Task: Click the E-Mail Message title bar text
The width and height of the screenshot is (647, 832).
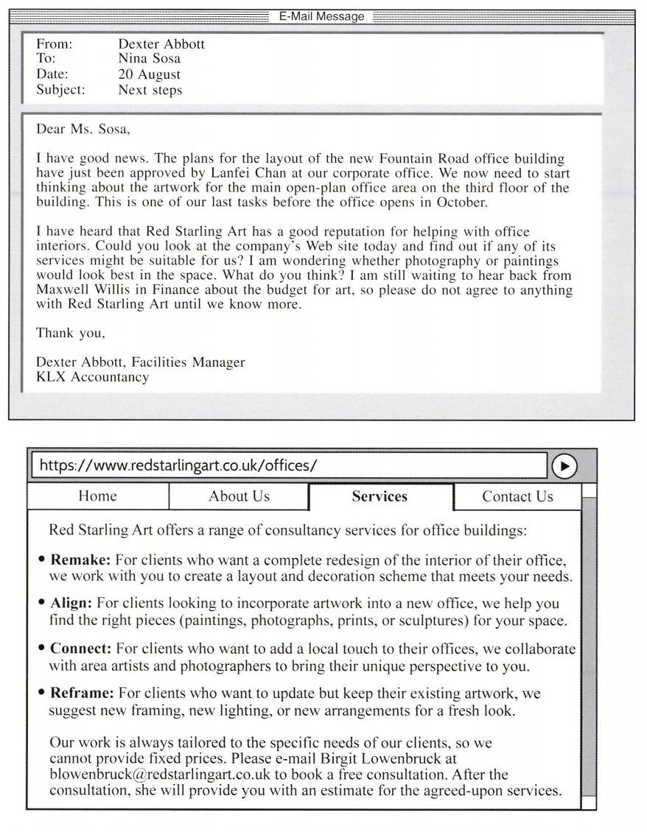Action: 321,16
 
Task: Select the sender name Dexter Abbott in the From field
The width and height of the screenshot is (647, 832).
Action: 161,44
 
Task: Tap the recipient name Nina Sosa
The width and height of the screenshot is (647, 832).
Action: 149,59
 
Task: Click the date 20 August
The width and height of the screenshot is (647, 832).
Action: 149,74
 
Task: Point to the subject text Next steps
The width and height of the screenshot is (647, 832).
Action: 150,91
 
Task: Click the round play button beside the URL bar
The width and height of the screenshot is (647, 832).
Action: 564,465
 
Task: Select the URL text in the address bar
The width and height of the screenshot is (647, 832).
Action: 179,465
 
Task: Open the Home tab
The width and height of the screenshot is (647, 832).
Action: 97,496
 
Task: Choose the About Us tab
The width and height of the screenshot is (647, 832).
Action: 239,496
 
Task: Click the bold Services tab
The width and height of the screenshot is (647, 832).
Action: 380,497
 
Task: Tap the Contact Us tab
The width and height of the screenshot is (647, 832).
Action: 517,496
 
